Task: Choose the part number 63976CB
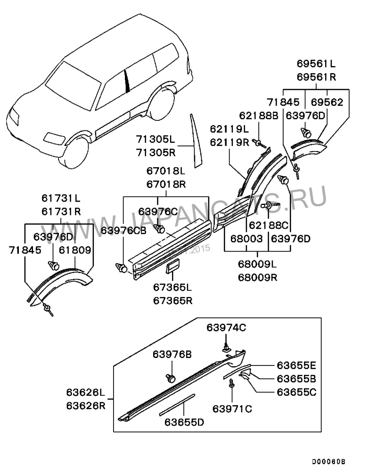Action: pos(123,230)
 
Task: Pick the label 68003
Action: pos(246,239)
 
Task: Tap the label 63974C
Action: pos(226,327)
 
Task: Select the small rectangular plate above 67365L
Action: pos(173,267)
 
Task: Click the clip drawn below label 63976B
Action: pos(170,378)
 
